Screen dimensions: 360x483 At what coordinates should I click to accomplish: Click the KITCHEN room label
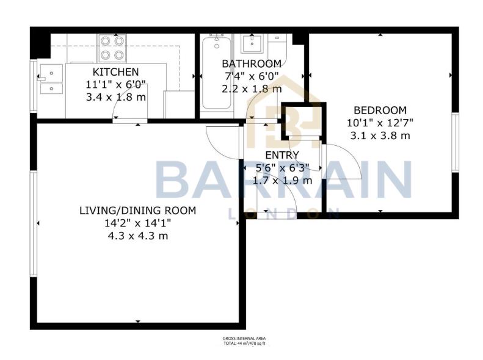pyautogui.click(x=115, y=72)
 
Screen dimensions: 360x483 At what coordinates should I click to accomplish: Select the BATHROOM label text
pyautogui.click(x=251, y=63)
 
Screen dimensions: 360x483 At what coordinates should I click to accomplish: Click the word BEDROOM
pyautogui.click(x=380, y=110)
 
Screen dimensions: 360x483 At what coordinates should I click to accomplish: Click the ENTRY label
pyautogui.click(x=281, y=155)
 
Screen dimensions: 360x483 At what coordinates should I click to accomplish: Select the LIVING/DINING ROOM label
pyautogui.click(x=137, y=211)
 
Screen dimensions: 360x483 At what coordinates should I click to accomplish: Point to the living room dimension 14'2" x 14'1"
pyautogui.click(x=137, y=223)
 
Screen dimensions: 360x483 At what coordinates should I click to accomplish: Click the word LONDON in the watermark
pyautogui.click(x=283, y=214)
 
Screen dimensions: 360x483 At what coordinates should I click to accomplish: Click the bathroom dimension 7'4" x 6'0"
pyautogui.click(x=251, y=76)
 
